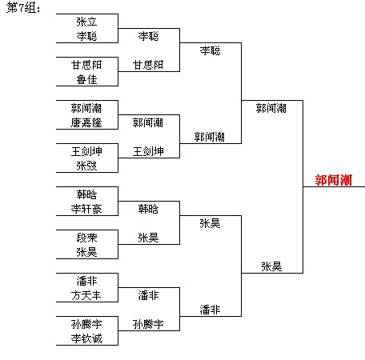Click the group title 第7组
(x=23, y=8)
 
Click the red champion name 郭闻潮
(x=334, y=180)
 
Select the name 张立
(x=86, y=22)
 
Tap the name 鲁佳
(x=86, y=79)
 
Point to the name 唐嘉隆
(x=86, y=122)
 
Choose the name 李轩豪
(x=86, y=209)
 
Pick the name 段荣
(x=86, y=238)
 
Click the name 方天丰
(x=86, y=295)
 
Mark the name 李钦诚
(x=86, y=338)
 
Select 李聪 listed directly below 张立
(x=86, y=36)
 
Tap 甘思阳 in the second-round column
(x=148, y=65)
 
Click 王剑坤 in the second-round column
(x=148, y=151)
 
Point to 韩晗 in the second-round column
(x=148, y=209)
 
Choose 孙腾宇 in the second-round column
(x=148, y=324)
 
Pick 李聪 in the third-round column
(x=210, y=50)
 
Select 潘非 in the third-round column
(x=210, y=310)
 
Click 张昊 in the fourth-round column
(x=271, y=266)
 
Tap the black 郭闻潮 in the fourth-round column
(x=271, y=108)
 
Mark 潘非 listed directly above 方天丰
(x=86, y=281)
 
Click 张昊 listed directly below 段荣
(x=86, y=252)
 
